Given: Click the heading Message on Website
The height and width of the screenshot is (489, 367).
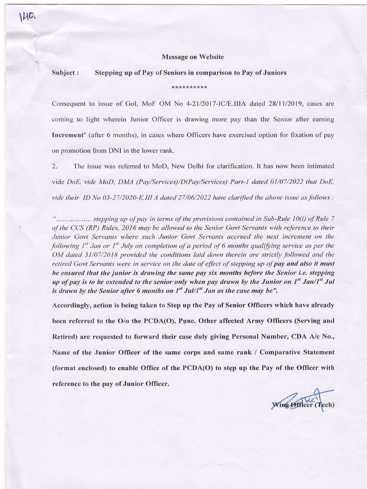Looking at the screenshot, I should [193, 57].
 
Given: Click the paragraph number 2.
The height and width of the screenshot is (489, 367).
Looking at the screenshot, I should [54, 166].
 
